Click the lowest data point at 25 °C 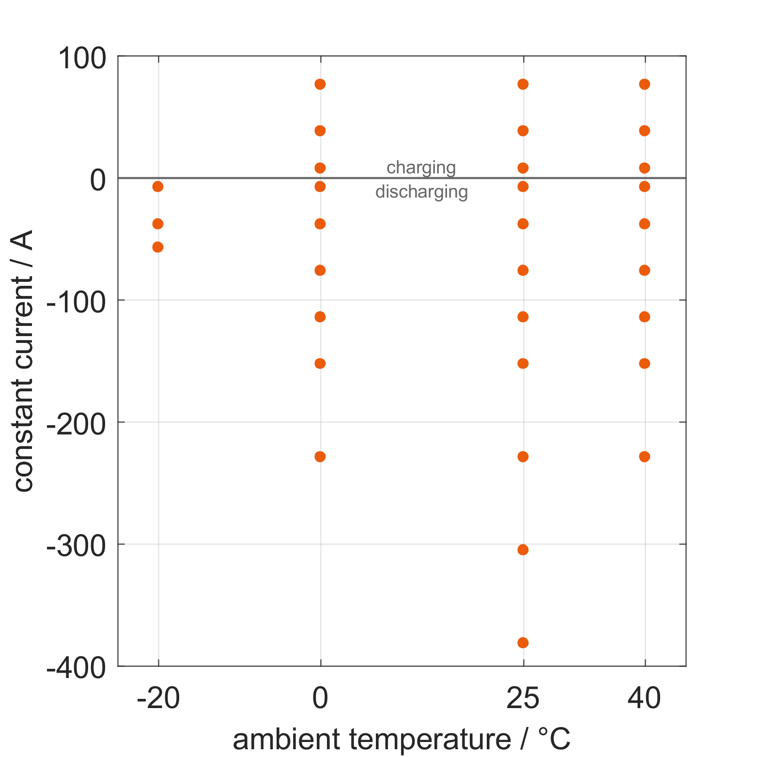click(523, 643)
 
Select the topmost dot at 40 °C click(644, 84)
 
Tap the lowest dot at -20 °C click(158, 247)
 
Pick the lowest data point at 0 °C click(320, 457)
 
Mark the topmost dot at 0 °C click(320, 84)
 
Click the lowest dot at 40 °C click(644, 457)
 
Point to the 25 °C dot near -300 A click(523, 550)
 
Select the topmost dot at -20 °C click(158, 186)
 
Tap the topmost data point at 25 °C click(523, 84)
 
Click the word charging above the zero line click(421, 168)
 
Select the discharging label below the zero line click(421, 192)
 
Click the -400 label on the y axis click(76, 669)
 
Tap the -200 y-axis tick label click(76, 425)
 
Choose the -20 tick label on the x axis click(158, 699)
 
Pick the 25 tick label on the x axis click(523, 699)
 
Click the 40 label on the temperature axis click(644, 699)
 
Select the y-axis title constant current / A click(23, 361)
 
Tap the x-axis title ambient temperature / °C click(402, 740)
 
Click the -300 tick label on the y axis click(76, 547)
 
